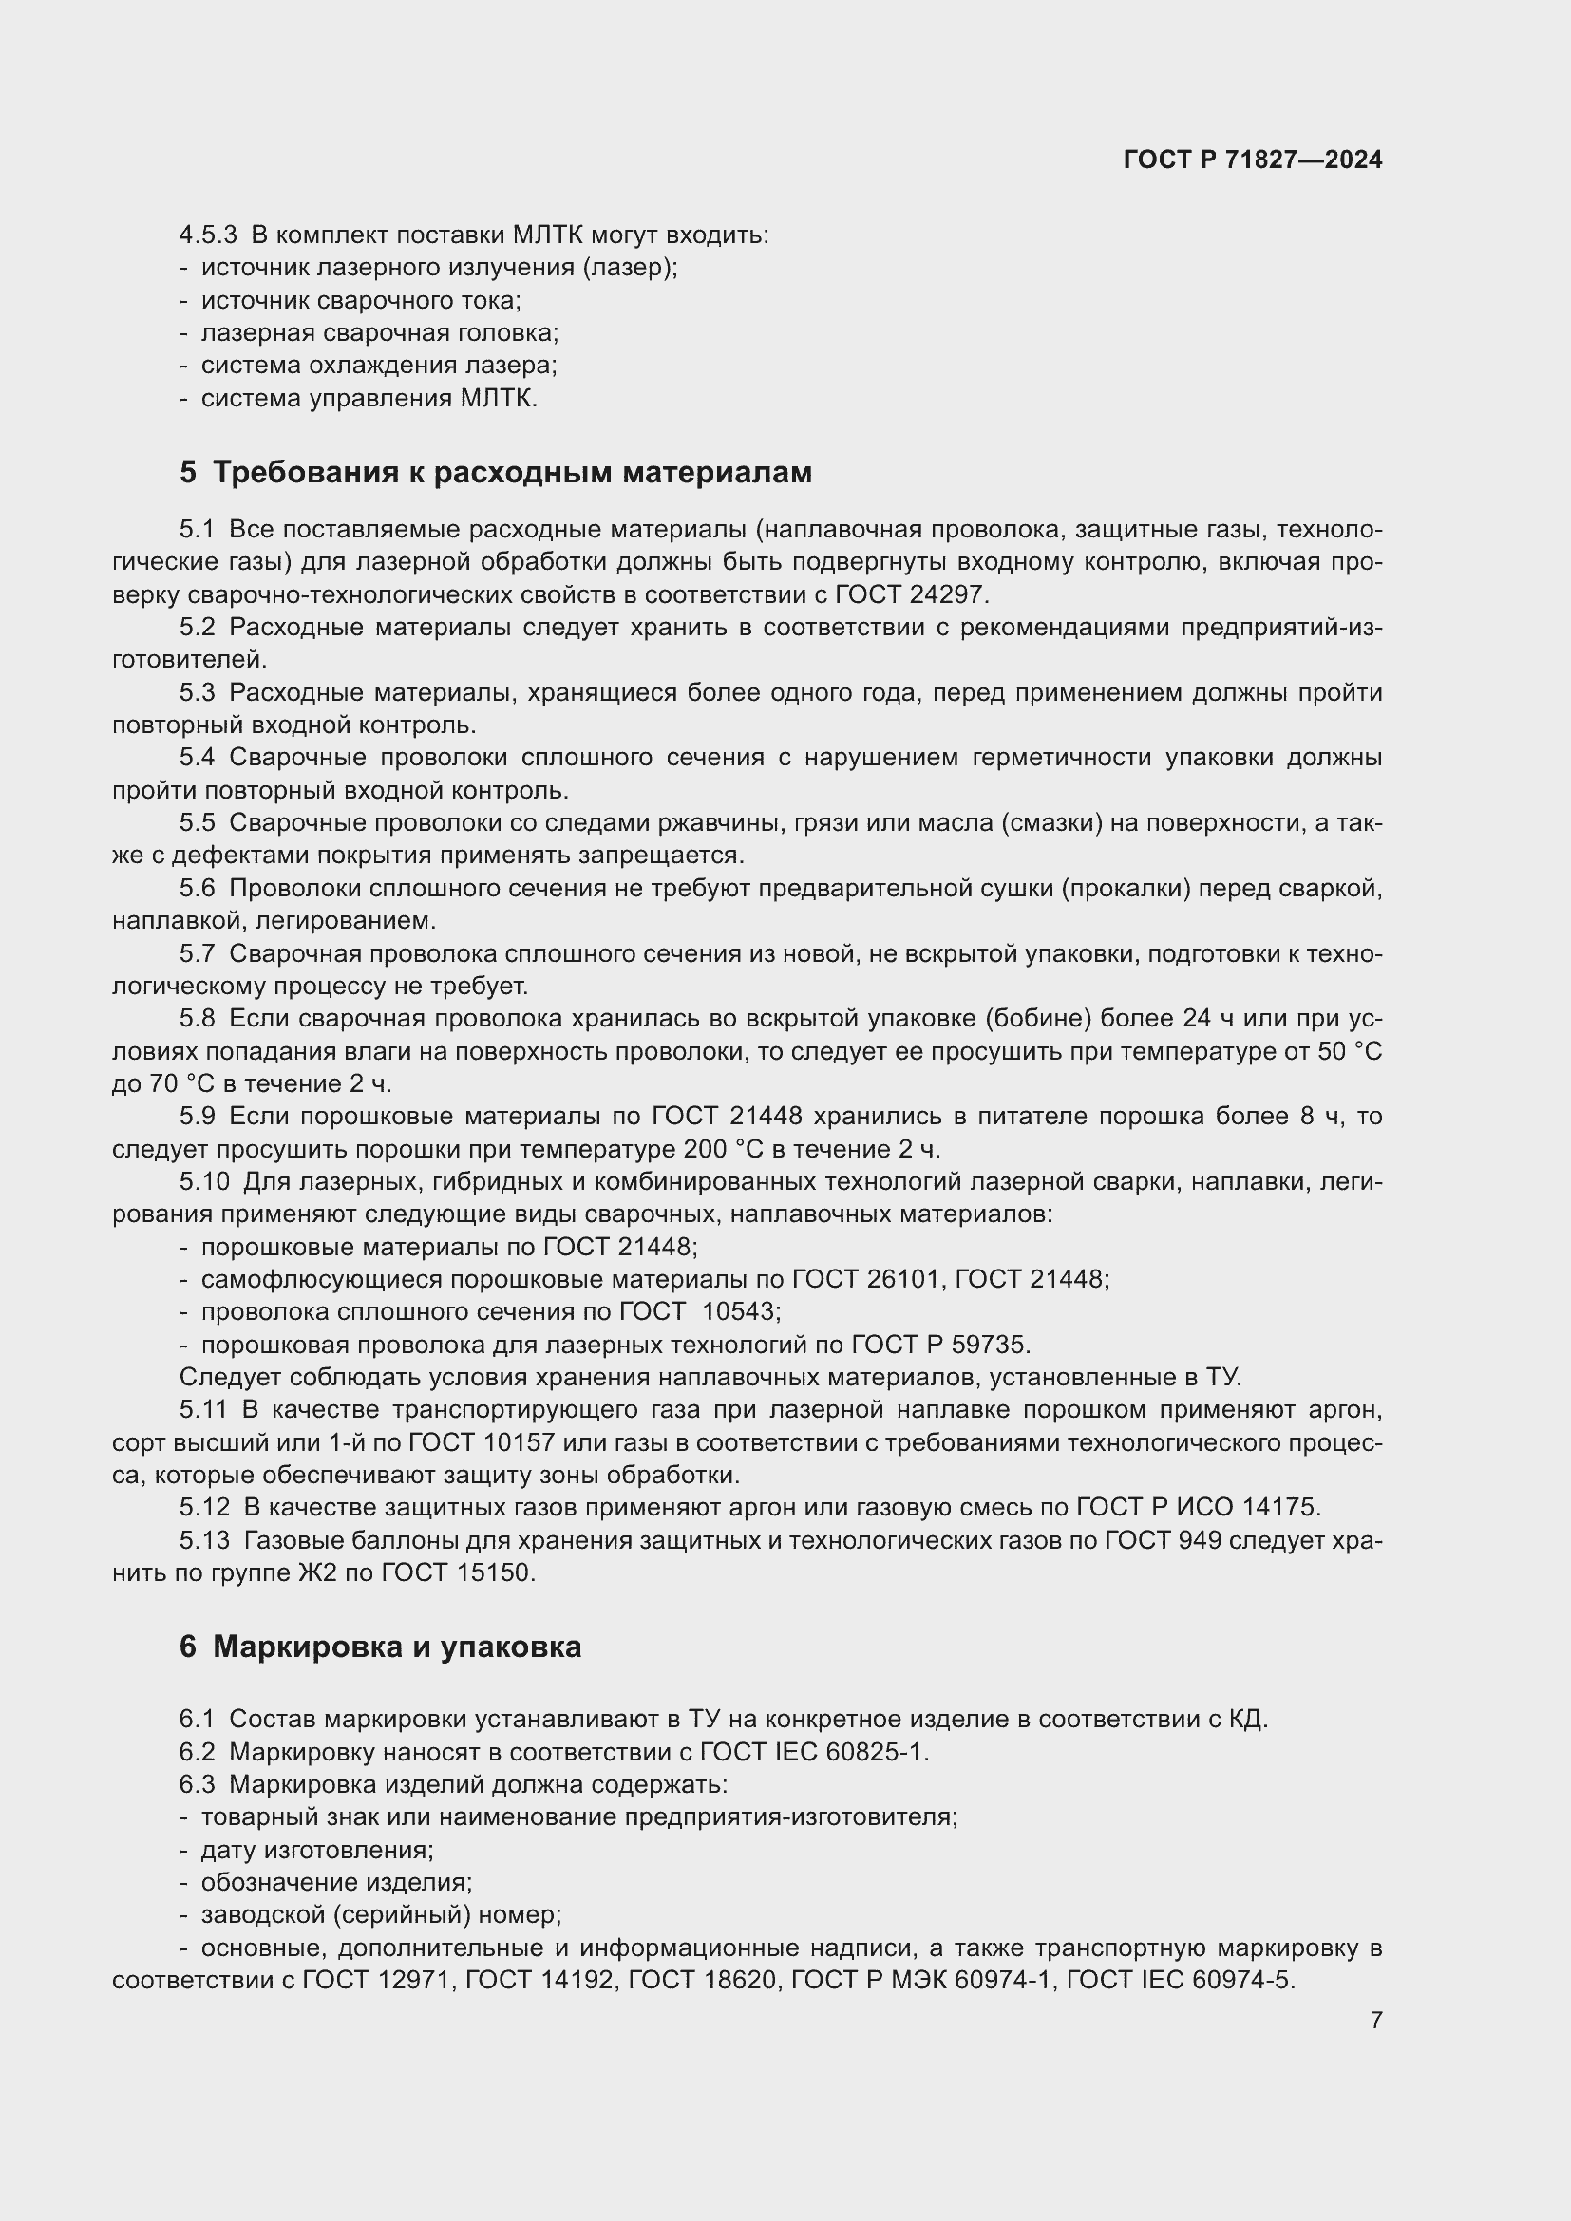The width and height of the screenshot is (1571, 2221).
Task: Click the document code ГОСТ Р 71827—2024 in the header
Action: [1252, 160]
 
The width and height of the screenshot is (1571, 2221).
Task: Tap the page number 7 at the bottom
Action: [1375, 2020]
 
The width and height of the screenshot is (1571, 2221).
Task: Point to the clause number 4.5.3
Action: [208, 235]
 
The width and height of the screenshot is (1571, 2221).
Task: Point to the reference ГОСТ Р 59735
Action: [940, 1345]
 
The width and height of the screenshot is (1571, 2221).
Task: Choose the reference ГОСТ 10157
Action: [481, 1442]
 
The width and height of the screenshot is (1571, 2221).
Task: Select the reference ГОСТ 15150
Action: [458, 1572]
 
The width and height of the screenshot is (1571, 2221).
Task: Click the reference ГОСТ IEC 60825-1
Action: [814, 1752]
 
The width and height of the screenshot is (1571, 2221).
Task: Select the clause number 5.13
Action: [204, 1540]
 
